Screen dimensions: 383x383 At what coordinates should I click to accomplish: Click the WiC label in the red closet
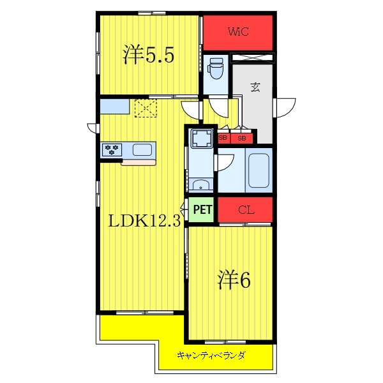(238, 31)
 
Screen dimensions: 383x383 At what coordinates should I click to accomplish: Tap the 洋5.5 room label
(148, 55)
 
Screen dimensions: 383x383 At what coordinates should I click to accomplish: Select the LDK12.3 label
(144, 221)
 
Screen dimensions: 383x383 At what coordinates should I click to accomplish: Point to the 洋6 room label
(234, 280)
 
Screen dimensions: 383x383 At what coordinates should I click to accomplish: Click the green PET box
(202, 209)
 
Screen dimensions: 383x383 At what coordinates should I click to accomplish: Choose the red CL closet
(245, 209)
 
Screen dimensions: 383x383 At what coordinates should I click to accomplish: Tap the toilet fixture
(216, 68)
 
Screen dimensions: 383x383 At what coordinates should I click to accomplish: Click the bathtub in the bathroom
(259, 170)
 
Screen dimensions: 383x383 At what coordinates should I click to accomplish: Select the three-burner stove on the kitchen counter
(112, 150)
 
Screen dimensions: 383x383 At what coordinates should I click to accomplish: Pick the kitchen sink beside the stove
(142, 150)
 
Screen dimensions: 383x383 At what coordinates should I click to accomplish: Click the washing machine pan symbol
(201, 139)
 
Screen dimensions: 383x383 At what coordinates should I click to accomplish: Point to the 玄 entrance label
(255, 87)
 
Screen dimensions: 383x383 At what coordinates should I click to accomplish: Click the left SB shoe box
(223, 138)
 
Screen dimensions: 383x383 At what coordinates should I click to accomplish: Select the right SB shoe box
(241, 139)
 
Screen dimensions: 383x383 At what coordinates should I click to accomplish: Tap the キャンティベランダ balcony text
(211, 356)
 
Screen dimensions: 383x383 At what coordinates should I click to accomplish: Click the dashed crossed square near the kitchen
(146, 109)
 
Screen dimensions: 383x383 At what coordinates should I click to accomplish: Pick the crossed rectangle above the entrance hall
(252, 57)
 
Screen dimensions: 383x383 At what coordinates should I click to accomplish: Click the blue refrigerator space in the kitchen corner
(114, 106)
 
